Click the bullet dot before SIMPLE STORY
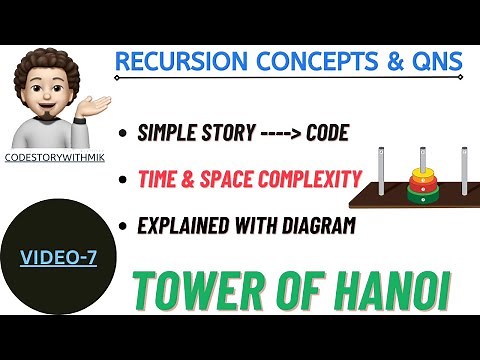tap(122, 133)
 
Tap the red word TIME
tap(162, 180)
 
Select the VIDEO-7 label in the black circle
tap(59, 259)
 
